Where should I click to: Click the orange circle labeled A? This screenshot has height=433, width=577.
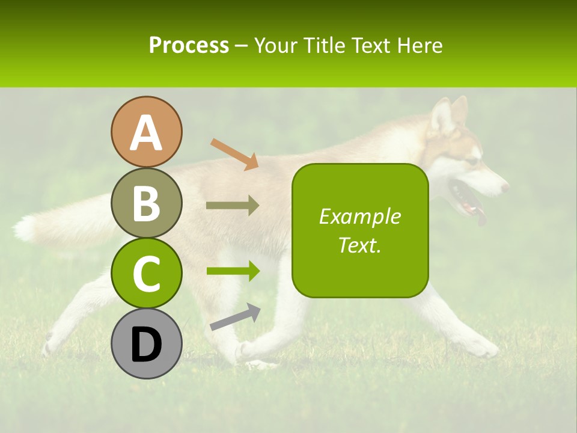147,132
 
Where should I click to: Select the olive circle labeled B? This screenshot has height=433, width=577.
147,203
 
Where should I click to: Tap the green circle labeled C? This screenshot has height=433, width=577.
147,274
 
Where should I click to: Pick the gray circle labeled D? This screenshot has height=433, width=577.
147,344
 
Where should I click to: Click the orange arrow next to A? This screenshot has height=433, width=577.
234,154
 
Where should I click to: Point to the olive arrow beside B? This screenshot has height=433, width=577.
233,206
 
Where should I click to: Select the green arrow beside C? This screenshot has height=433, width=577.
233,271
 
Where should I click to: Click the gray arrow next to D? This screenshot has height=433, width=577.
235,317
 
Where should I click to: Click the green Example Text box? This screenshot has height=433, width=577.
360,231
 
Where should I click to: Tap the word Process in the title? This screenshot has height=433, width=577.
189,45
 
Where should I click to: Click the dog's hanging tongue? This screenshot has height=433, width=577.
481,216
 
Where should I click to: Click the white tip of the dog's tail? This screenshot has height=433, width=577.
25,229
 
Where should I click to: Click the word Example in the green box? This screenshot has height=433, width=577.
359,216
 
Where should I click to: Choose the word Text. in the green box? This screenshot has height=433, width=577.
359,245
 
